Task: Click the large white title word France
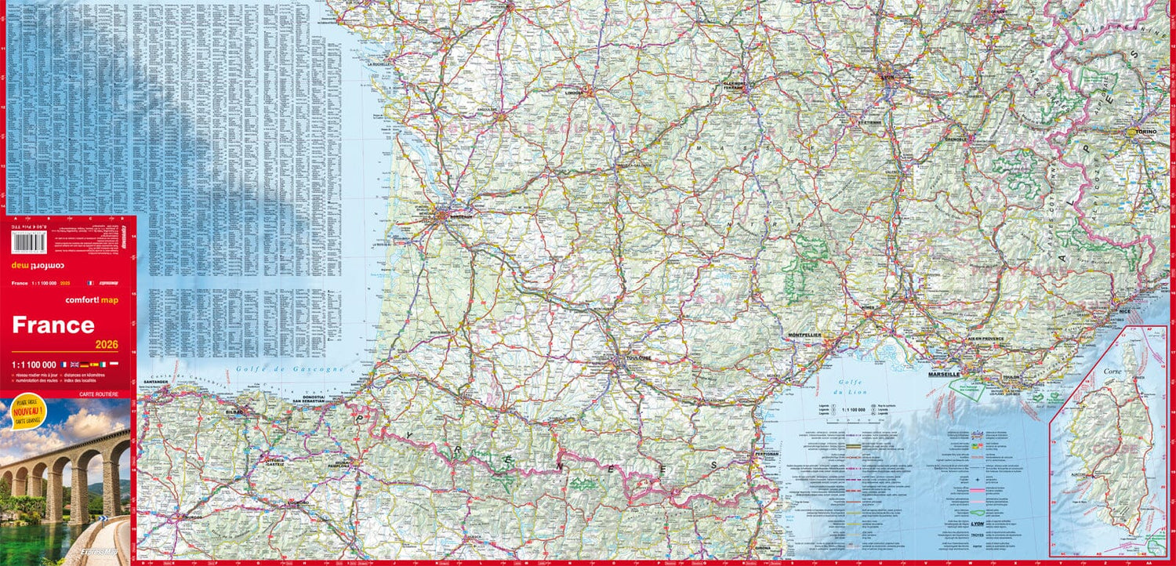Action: coord(53,325)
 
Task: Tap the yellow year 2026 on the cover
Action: coord(107,344)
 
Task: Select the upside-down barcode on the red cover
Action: coord(29,242)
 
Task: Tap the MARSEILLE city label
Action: coord(944,375)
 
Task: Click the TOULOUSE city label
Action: coord(639,358)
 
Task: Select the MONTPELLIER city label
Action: coord(804,336)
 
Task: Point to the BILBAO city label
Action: coord(234,411)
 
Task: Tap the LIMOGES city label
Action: coord(575,92)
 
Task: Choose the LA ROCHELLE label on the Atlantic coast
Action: coord(380,64)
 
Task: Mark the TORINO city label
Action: coord(1143,132)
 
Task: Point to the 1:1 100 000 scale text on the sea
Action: coord(853,409)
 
